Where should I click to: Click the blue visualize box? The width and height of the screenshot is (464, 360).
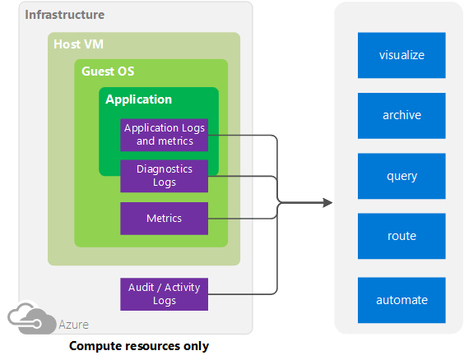tap(401, 55)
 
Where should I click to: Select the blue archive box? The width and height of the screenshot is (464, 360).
tap(401, 115)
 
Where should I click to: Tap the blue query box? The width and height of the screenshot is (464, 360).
tap(401, 176)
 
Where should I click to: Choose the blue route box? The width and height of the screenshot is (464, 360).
tap(401, 236)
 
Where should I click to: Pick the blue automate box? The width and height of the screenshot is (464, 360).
tap(401, 300)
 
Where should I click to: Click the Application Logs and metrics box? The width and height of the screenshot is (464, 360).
tap(165, 134)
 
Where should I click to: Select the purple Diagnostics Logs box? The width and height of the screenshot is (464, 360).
tap(165, 175)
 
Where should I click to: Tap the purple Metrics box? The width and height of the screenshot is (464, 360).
tap(165, 219)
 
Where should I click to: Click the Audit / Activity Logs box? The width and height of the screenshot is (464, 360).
tap(165, 293)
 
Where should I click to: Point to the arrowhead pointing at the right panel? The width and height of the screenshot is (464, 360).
tap(327, 202)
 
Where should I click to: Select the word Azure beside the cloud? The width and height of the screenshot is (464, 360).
tap(73, 325)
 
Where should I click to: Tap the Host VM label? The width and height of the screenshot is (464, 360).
tap(78, 44)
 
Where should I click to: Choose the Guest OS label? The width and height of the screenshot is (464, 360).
tap(108, 72)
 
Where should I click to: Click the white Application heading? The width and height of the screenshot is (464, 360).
tap(139, 99)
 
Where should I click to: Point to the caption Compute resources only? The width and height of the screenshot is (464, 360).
tap(139, 346)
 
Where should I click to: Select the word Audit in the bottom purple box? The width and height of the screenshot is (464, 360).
tap(141, 287)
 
